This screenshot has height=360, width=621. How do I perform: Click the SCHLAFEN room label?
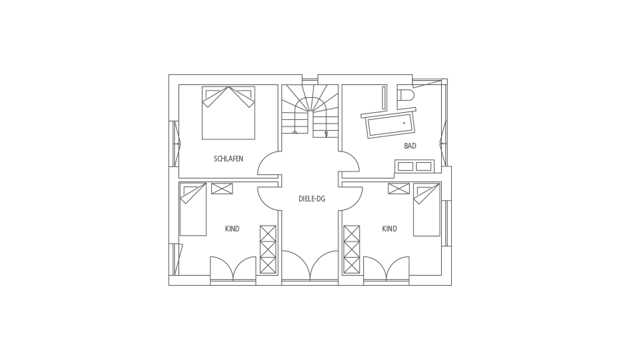click(x=228, y=159)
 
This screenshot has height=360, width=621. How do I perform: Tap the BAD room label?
click(x=410, y=146)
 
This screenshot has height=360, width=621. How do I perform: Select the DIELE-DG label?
click(x=312, y=199)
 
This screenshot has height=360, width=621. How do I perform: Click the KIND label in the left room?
click(x=232, y=229)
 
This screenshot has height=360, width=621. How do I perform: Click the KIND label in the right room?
click(x=389, y=229)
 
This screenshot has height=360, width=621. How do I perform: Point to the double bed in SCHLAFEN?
click(x=228, y=113)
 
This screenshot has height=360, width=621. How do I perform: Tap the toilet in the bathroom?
click(x=406, y=96)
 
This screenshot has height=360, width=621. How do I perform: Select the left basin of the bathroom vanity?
click(x=405, y=166)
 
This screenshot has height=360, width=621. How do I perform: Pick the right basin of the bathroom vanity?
click(x=423, y=166)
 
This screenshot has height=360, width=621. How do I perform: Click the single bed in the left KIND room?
click(x=193, y=209)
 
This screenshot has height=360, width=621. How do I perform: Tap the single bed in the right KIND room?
click(x=427, y=209)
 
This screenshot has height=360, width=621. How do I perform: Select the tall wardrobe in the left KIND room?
click(x=268, y=249)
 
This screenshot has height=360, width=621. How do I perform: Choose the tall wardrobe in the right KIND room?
click(x=352, y=249)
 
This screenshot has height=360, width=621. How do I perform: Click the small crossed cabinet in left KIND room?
click(x=222, y=189)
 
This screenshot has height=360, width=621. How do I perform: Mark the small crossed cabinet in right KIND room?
click(x=399, y=189)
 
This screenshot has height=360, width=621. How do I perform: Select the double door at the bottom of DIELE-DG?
click(x=310, y=266)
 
